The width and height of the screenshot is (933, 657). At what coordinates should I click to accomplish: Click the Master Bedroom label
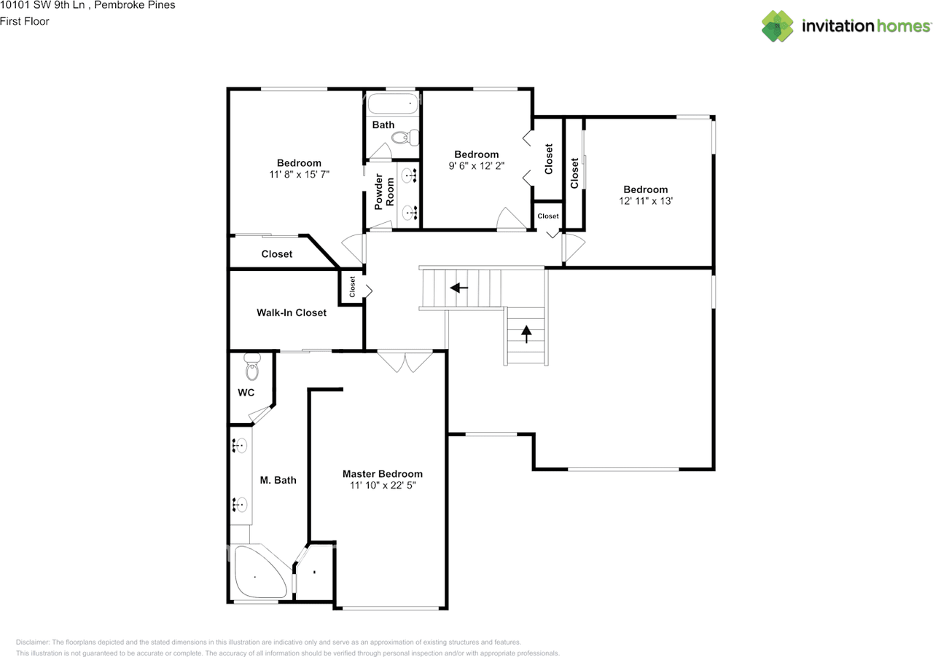[x=382, y=473]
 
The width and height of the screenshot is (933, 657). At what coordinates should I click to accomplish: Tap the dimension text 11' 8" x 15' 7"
[x=299, y=175]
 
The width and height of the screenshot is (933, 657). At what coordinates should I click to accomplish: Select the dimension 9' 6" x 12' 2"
[x=476, y=166]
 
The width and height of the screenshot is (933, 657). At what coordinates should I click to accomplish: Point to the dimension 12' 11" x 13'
[x=645, y=201]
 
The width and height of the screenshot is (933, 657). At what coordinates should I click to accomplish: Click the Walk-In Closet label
[x=292, y=312]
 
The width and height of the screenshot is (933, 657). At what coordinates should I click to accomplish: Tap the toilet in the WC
[x=252, y=368]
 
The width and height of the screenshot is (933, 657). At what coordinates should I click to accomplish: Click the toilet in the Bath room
[x=405, y=136]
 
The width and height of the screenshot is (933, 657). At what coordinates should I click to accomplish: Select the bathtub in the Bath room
[x=393, y=103]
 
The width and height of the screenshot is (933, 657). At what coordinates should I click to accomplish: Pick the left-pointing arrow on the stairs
[x=459, y=288]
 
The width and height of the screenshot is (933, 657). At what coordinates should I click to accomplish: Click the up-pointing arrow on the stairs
[x=526, y=333]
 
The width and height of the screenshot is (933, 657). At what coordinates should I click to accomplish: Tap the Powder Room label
[x=384, y=191]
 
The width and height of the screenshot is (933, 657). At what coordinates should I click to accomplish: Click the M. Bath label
[x=278, y=480]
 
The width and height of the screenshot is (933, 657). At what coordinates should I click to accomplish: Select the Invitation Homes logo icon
[x=778, y=26]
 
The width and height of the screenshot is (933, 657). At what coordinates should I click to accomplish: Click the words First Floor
[x=25, y=21]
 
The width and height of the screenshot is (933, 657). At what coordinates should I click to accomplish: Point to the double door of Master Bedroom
[x=405, y=362]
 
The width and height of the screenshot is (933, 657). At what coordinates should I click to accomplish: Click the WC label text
[x=246, y=393]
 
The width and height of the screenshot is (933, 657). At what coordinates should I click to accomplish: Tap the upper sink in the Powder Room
[x=409, y=176]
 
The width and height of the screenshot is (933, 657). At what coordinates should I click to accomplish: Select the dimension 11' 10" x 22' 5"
[x=382, y=485]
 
